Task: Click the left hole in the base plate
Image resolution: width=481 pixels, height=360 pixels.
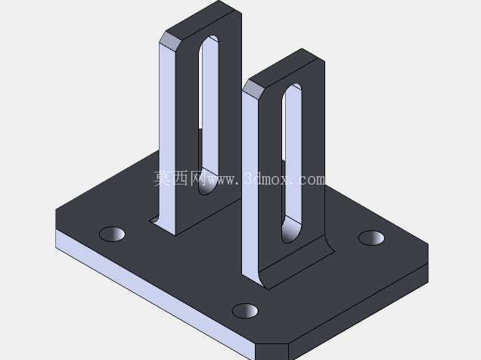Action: tap(112, 234)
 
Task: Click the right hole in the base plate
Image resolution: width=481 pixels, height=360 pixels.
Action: tap(371, 238)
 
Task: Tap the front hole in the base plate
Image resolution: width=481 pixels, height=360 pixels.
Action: tap(245, 311)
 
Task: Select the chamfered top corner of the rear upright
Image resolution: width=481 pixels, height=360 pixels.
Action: tap(170, 40)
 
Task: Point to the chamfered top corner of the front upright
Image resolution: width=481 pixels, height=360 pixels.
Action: tap(253, 90)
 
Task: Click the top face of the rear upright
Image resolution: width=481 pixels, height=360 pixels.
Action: tap(203, 20)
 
